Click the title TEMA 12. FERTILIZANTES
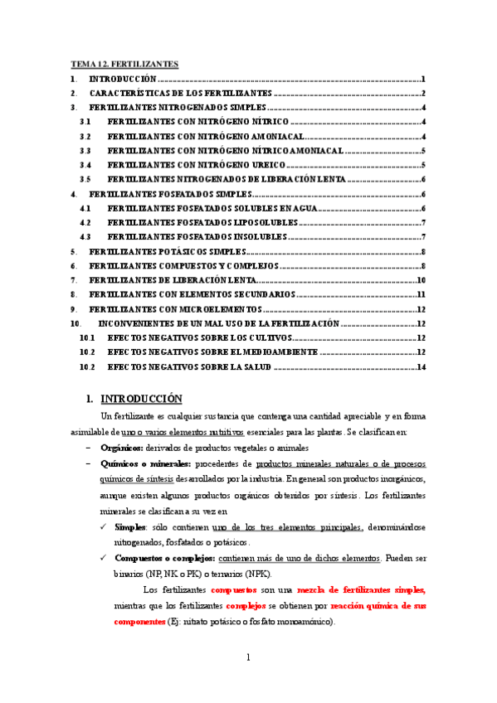(124, 64)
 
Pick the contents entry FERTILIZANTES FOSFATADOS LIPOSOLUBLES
(202, 222)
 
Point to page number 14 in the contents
(421, 367)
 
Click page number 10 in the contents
(421, 280)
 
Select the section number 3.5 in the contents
(85, 179)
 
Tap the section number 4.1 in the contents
(85, 208)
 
